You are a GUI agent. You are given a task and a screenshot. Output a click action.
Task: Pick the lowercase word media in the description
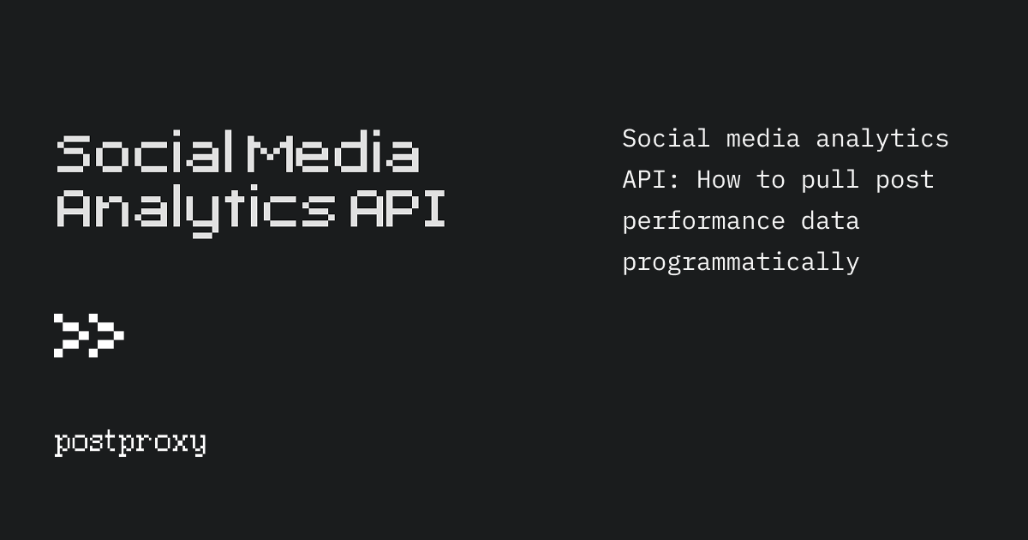pyautogui.click(x=763, y=138)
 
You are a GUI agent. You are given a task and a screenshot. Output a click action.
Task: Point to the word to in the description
pyautogui.click(x=771, y=179)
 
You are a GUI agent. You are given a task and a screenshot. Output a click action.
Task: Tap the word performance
pyautogui.click(x=703, y=220)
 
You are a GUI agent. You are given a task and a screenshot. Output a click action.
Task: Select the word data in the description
pyautogui.click(x=830, y=220)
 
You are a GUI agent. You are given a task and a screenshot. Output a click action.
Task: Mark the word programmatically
pyautogui.click(x=741, y=261)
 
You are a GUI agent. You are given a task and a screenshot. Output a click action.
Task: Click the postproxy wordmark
pyautogui.click(x=130, y=443)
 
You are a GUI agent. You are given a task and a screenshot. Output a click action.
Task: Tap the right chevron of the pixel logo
pyautogui.click(x=106, y=335)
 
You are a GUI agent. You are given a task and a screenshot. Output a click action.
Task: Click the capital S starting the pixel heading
pyautogui.click(x=74, y=154)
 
